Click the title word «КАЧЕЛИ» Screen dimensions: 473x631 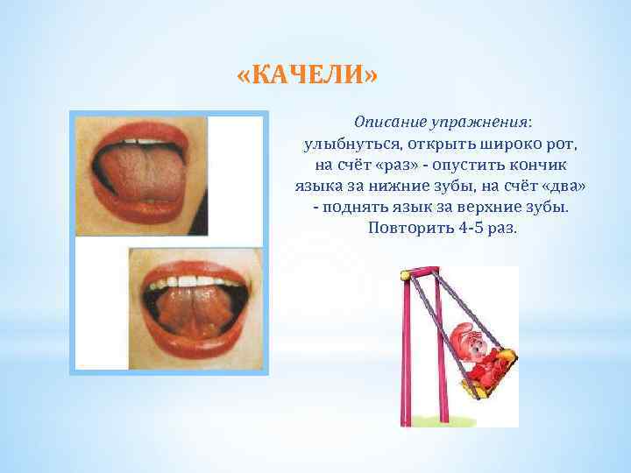click(x=308, y=75)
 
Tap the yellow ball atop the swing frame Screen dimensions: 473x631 click(x=405, y=275)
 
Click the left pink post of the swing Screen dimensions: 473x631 click(x=409, y=350)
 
